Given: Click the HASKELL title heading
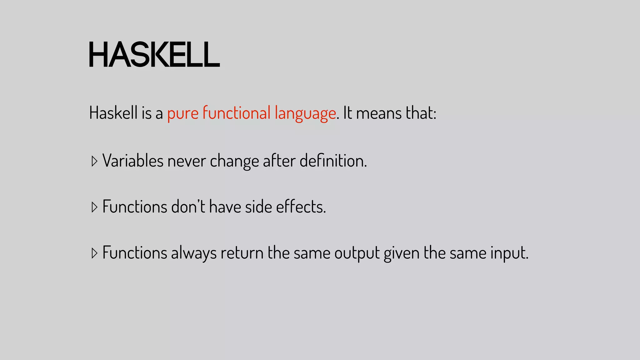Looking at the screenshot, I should coord(154,55).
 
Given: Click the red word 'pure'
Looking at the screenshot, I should coord(183,113).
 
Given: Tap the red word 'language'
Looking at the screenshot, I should coord(305,113).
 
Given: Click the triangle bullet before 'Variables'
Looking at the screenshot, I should coord(94,161).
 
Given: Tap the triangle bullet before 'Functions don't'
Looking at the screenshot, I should coord(94,207).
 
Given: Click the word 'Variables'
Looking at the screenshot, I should coord(133,161).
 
